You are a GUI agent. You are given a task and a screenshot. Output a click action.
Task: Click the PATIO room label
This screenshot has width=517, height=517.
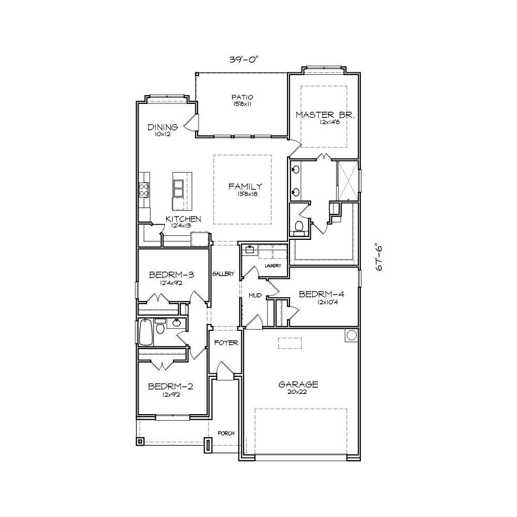click(242, 97)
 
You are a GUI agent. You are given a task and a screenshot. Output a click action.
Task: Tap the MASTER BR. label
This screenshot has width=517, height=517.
click(325, 115)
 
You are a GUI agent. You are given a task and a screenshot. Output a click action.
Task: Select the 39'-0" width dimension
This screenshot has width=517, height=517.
click(244, 59)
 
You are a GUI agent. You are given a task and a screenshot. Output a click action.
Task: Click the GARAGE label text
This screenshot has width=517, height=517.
click(298, 385)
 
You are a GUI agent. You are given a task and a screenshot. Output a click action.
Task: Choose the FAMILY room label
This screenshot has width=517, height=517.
click(245, 187)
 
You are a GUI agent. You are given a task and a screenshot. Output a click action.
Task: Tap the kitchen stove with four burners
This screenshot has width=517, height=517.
click(144, 190)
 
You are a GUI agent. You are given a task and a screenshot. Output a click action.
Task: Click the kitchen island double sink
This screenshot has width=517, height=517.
click(178, 188)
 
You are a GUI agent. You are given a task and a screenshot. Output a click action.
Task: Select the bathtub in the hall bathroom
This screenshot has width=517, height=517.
click(146, 332)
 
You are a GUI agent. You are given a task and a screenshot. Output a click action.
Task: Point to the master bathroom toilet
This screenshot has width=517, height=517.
click(299, 226)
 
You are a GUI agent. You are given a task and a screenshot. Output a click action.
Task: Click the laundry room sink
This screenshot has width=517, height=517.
click(250, 249)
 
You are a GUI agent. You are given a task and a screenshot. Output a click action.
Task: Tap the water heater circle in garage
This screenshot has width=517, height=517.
click(352, 336)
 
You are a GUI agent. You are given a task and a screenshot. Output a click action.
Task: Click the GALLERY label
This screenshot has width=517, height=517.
click(223, 273)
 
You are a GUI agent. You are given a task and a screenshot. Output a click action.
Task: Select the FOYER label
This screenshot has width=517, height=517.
click(226, 343)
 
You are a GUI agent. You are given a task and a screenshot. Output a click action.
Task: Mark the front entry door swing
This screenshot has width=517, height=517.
click(225, 370)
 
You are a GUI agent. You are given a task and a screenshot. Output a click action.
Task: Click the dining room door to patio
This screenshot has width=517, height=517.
click(191, 123)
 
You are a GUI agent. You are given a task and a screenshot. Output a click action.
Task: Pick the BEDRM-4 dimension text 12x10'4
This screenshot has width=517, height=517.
click(328, 302)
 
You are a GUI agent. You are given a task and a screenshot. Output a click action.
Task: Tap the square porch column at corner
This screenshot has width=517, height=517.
click(140, 441)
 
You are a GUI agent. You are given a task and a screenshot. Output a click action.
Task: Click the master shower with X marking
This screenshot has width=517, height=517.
click(348, 180)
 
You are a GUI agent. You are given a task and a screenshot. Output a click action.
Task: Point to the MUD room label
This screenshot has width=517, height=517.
click(255, 295)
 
